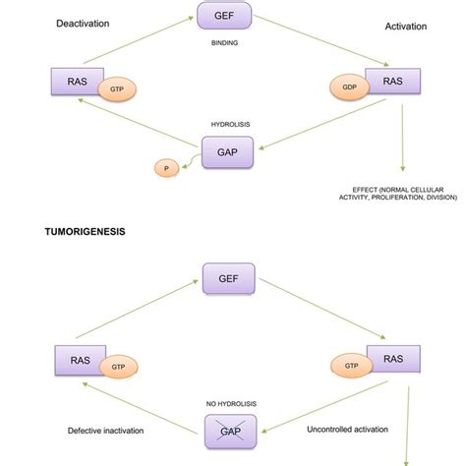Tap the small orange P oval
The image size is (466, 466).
[166, 168]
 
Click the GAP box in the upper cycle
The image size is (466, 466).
[227, 152]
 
